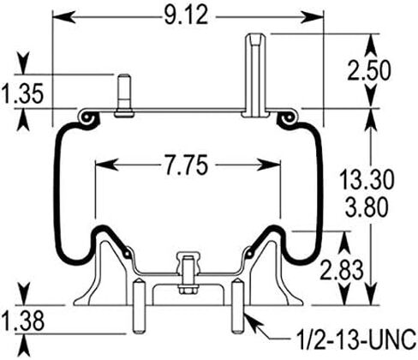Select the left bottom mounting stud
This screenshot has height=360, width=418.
(137, 307)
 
